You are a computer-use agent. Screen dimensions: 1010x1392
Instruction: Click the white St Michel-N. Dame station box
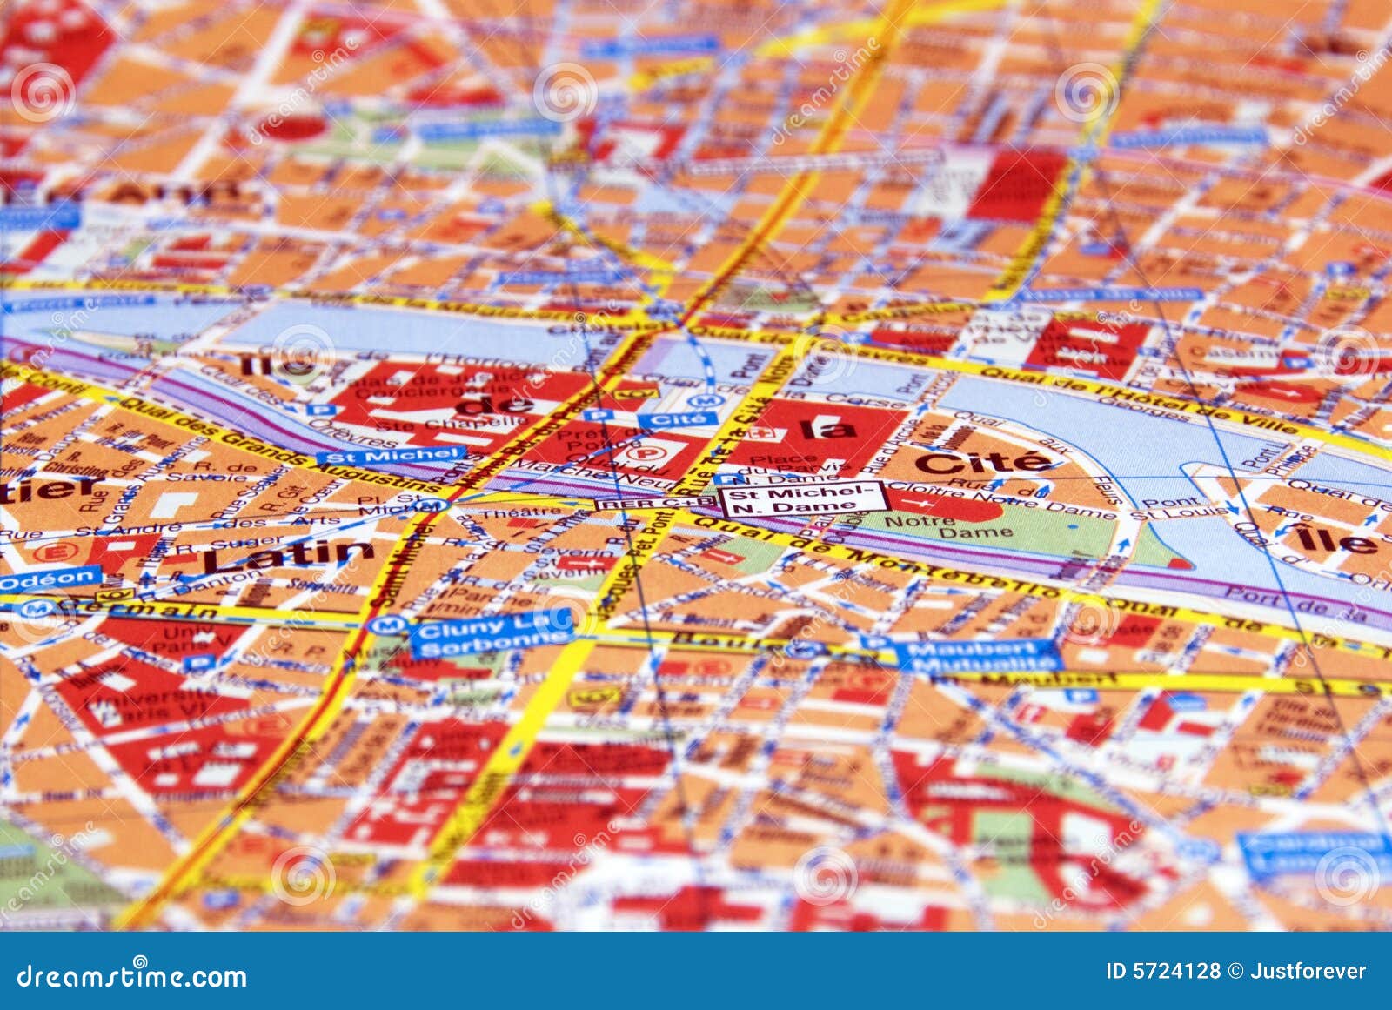pos(801,499)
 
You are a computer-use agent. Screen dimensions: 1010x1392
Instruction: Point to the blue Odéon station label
pos(50,579)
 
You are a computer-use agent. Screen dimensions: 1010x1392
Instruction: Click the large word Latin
pos(288,556)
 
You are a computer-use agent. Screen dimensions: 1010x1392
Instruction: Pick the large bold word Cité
pos(983,461)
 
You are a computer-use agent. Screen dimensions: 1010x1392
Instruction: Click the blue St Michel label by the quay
pos(391,455)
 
